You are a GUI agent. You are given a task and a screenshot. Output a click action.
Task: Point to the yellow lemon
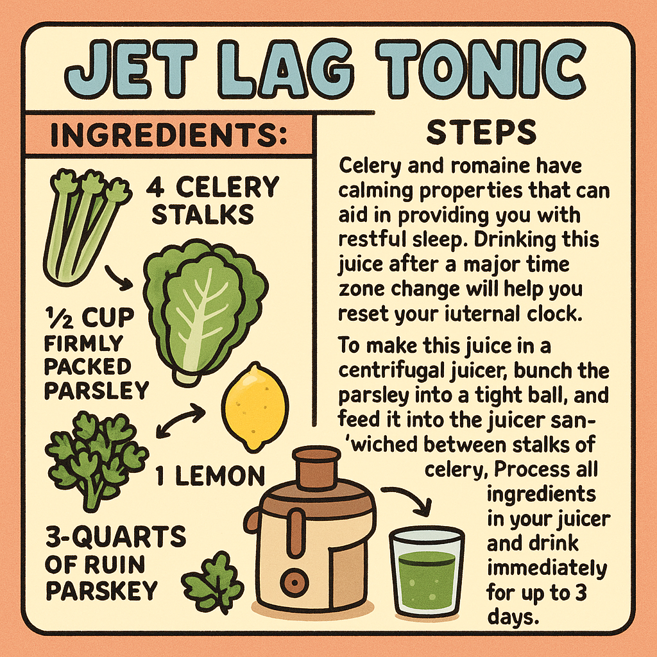click(255, 410)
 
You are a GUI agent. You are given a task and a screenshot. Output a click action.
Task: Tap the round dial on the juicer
click(294, 581)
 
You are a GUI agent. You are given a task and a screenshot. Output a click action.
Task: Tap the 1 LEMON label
click(210, 475)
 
